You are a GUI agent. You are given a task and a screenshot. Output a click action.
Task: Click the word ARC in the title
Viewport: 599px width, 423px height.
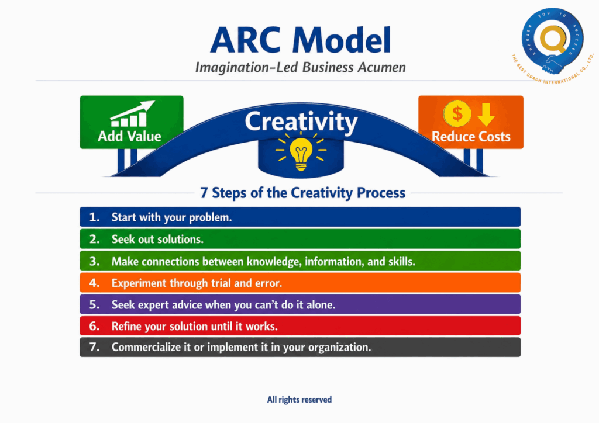click(245, 40)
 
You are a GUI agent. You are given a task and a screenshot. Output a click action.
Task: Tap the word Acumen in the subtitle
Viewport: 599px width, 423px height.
click(381, 68)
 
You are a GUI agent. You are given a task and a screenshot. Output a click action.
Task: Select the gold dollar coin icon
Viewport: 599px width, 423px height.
click(457, 113)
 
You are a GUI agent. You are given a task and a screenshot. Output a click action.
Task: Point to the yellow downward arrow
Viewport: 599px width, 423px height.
click(486, 115)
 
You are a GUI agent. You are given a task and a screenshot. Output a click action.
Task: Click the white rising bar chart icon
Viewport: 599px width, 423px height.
click(132, 114)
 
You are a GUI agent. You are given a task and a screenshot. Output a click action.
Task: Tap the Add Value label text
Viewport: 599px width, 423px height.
click(129, 136)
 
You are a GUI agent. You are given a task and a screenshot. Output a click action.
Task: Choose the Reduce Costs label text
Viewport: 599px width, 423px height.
click(471, 137)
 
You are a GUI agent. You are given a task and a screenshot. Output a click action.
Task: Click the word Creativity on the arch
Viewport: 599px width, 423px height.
click(301, 122)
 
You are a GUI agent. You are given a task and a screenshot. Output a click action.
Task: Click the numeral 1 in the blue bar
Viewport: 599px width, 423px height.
click(93, 217)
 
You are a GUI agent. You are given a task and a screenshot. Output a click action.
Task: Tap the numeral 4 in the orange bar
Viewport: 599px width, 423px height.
click(94, 283)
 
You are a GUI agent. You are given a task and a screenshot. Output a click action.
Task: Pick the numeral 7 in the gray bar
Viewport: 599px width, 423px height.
click(93, 347)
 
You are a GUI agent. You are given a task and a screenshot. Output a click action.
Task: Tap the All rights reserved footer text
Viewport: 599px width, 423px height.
click(299, 400)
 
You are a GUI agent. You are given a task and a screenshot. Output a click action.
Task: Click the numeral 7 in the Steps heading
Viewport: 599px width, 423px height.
click(204, 193)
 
